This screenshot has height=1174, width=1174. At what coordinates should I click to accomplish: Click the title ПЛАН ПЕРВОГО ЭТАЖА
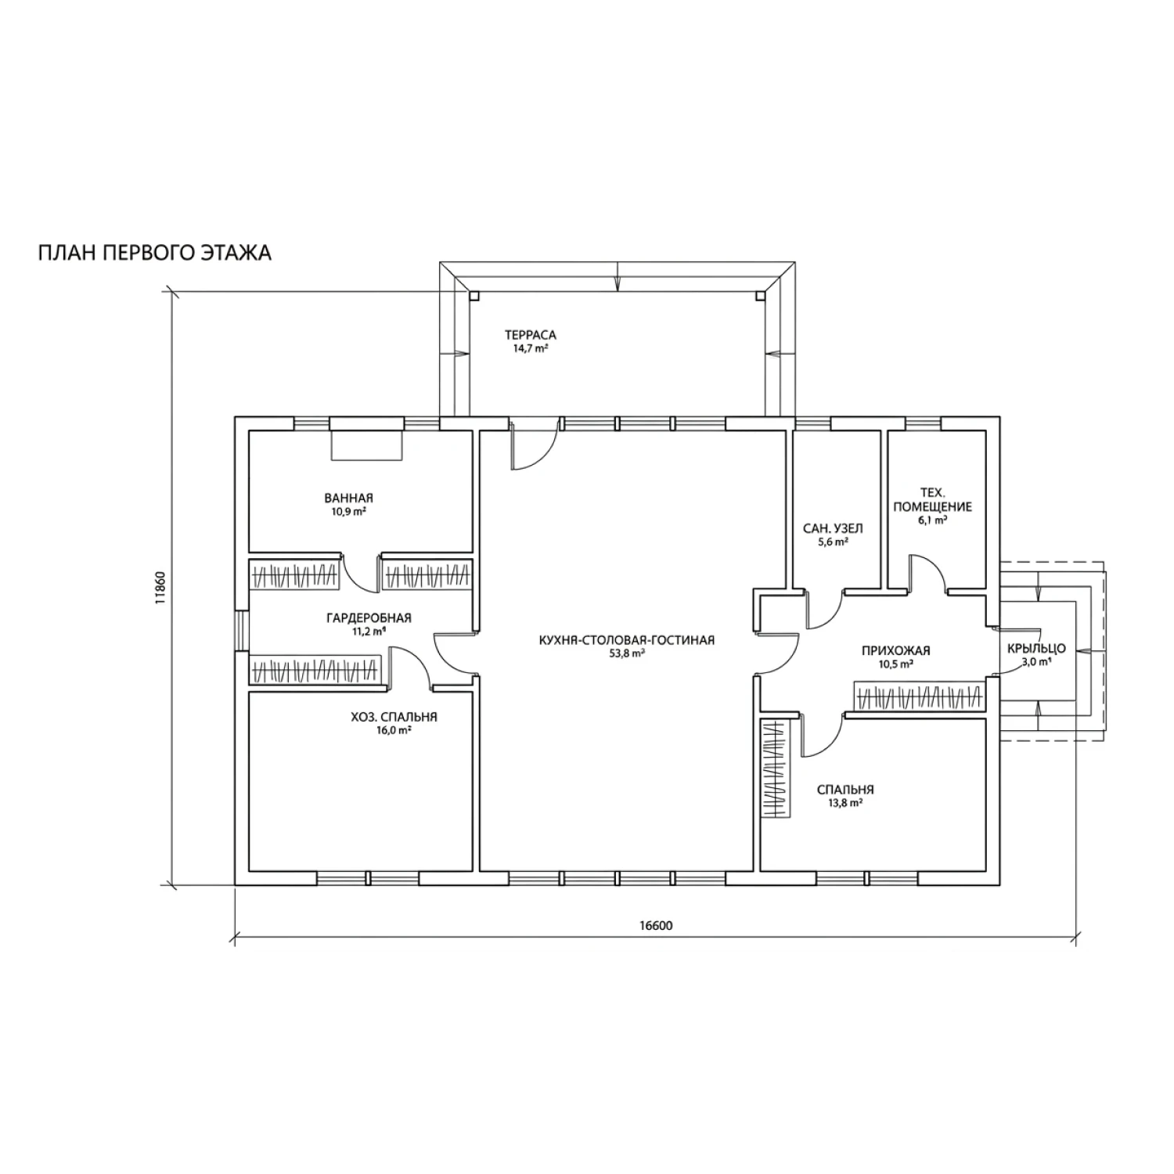pyautogui.click(x=155, y=254)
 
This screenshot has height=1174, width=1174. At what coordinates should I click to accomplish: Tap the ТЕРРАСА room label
pyautogui.click(x=531, y=335)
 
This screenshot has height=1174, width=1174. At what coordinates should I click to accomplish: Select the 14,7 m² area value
pyautogui.click(x=530, y=349)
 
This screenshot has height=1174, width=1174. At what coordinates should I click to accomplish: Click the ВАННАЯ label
pyautogui.click(x=348, y=498)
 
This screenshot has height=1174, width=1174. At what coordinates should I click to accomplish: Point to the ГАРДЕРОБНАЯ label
pyautogui.click(x=369, y=618)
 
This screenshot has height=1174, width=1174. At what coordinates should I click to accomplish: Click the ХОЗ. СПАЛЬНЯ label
pyautogui.click(x=394, y=717)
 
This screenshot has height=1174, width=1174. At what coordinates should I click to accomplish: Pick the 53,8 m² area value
pyautogui.click(x=627, y=654)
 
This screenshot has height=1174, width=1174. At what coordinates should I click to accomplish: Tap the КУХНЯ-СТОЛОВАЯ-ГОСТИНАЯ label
pyautogui.click(x=627, y=640)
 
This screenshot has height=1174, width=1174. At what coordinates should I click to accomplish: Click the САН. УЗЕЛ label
pyautogui.click(x=833, y=528)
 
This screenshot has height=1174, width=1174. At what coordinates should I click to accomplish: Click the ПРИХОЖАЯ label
pyautogui.click(x=895, y=650)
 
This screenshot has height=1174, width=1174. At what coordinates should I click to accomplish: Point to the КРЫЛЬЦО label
pyautogui.click(x=1036, y=649)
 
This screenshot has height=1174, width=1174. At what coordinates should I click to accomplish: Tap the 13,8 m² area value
pyautogui.click(x=844, y=803)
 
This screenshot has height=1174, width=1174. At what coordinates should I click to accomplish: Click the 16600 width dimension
pyautogui.click(x=656, y=926)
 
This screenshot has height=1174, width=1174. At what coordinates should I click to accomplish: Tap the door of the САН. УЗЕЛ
pyautogui.click(x=823, y=609)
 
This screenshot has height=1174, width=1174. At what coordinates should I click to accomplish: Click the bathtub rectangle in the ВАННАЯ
pyautogui.click(x=366, y=445)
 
